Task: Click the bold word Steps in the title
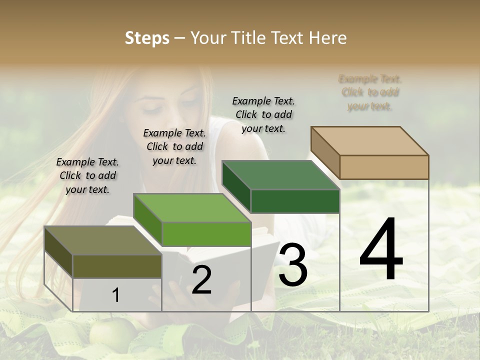click(147, 38)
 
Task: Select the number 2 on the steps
click(201, 280)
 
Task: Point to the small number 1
click(115, 295)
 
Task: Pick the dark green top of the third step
click(280, 175)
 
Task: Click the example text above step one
click(87, 175)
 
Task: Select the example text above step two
click(174, 146)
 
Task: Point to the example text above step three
click(263, 114)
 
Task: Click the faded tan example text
click(370, 92)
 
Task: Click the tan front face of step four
click(384, 167)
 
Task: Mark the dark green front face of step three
click(295, 201)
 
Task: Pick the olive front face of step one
click(117, 266)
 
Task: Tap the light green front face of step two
click(206, 234)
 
